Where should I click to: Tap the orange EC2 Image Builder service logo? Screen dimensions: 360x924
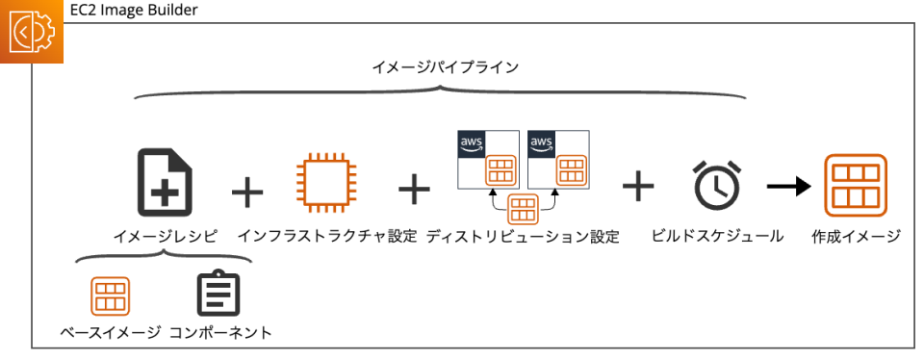32,32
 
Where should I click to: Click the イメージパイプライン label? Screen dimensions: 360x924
445,67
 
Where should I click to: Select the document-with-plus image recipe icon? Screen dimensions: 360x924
166,181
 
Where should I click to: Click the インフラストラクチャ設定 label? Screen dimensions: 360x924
327,236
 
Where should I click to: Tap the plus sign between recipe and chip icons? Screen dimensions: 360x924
247,191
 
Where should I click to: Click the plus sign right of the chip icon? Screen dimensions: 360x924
414,189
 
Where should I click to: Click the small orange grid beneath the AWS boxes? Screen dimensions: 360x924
523,208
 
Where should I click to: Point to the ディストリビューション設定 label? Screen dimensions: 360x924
523,236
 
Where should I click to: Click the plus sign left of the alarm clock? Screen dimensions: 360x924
637,186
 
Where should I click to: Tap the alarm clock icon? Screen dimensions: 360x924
718,185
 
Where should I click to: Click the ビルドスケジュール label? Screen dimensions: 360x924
717,236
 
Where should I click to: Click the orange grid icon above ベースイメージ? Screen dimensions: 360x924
112,296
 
